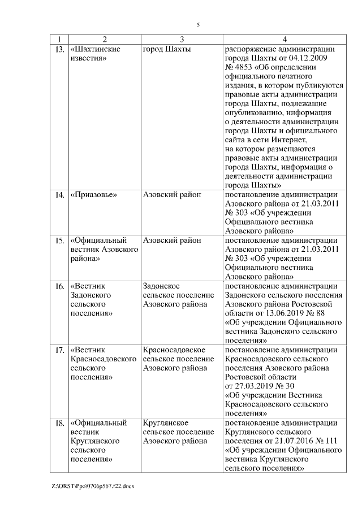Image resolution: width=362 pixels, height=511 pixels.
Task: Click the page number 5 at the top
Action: click(198, 25)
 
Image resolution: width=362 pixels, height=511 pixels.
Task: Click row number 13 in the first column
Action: click(59, 49)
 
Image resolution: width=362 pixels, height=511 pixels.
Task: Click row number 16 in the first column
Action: click(59, 286)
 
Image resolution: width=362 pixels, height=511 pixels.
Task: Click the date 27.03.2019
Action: click(252, 386)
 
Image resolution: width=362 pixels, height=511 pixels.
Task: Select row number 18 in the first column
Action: click(59, 423)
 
